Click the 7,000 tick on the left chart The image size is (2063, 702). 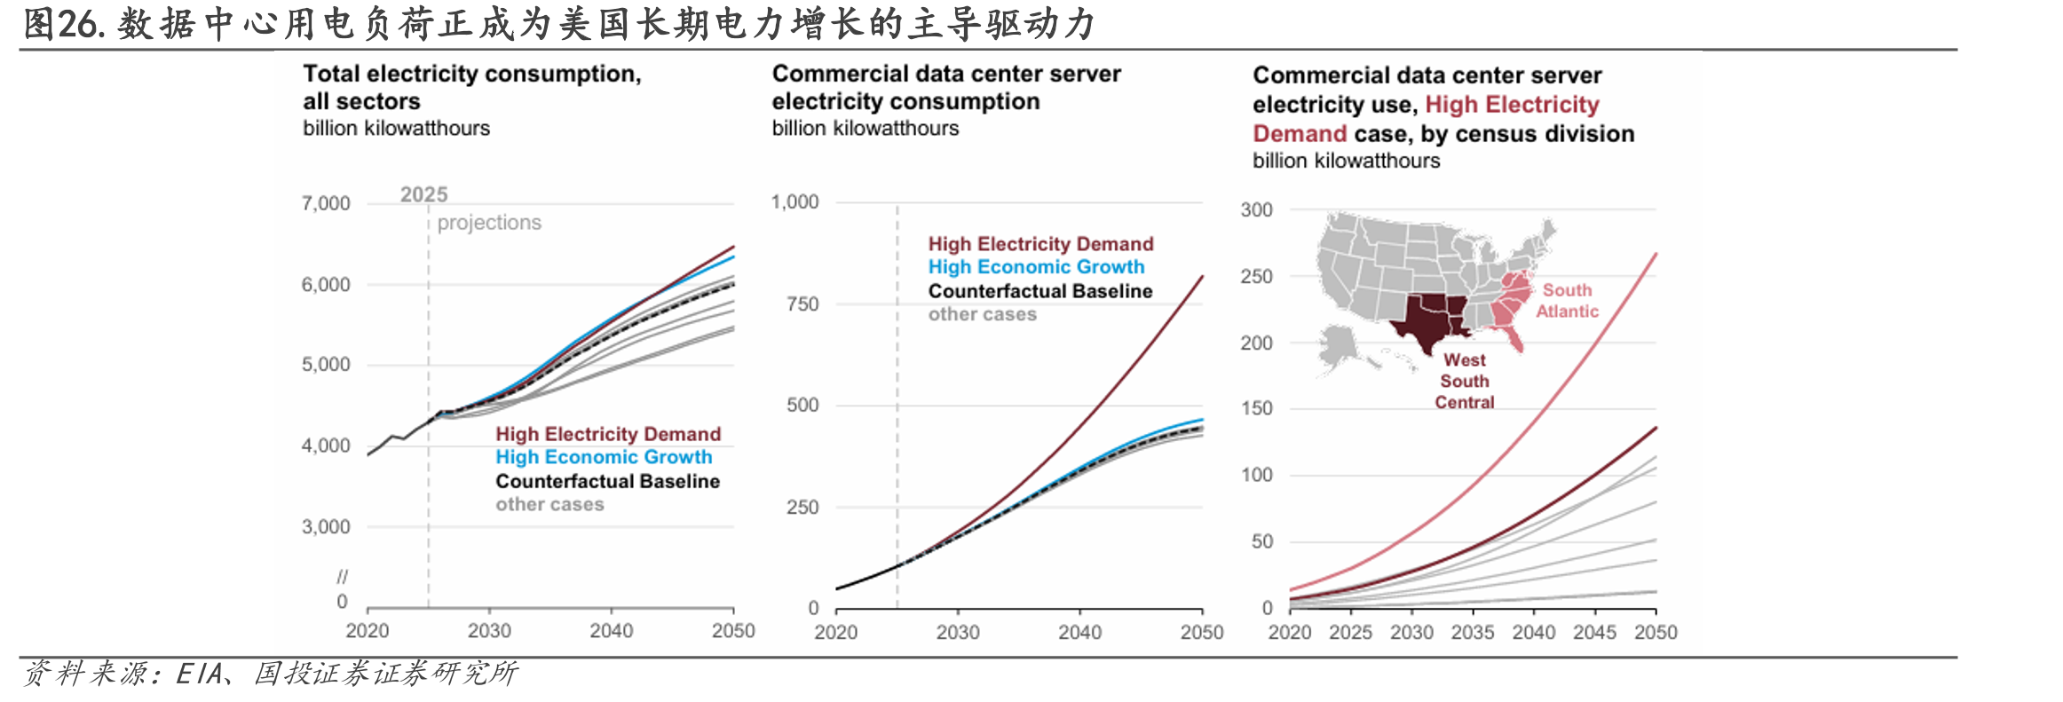326,203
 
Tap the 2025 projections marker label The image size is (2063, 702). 424,194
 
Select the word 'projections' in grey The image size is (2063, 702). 489,222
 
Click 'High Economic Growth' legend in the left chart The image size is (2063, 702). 604,457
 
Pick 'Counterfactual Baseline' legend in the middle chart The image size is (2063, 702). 1040,291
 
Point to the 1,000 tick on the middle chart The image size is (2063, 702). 794,201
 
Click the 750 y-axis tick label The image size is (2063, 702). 802,304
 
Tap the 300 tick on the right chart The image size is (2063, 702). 1256,209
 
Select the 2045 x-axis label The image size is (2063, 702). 1594,632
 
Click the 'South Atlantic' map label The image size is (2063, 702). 1567,301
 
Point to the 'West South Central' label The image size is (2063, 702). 1465,381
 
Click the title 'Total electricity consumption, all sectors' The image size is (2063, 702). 472,87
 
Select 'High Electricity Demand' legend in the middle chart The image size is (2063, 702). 1040,244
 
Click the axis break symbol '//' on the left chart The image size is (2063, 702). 343,577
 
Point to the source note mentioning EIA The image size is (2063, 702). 270,674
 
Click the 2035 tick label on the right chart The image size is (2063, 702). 1473,632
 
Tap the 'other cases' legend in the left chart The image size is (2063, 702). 549,504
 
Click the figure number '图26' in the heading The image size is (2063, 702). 64,24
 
